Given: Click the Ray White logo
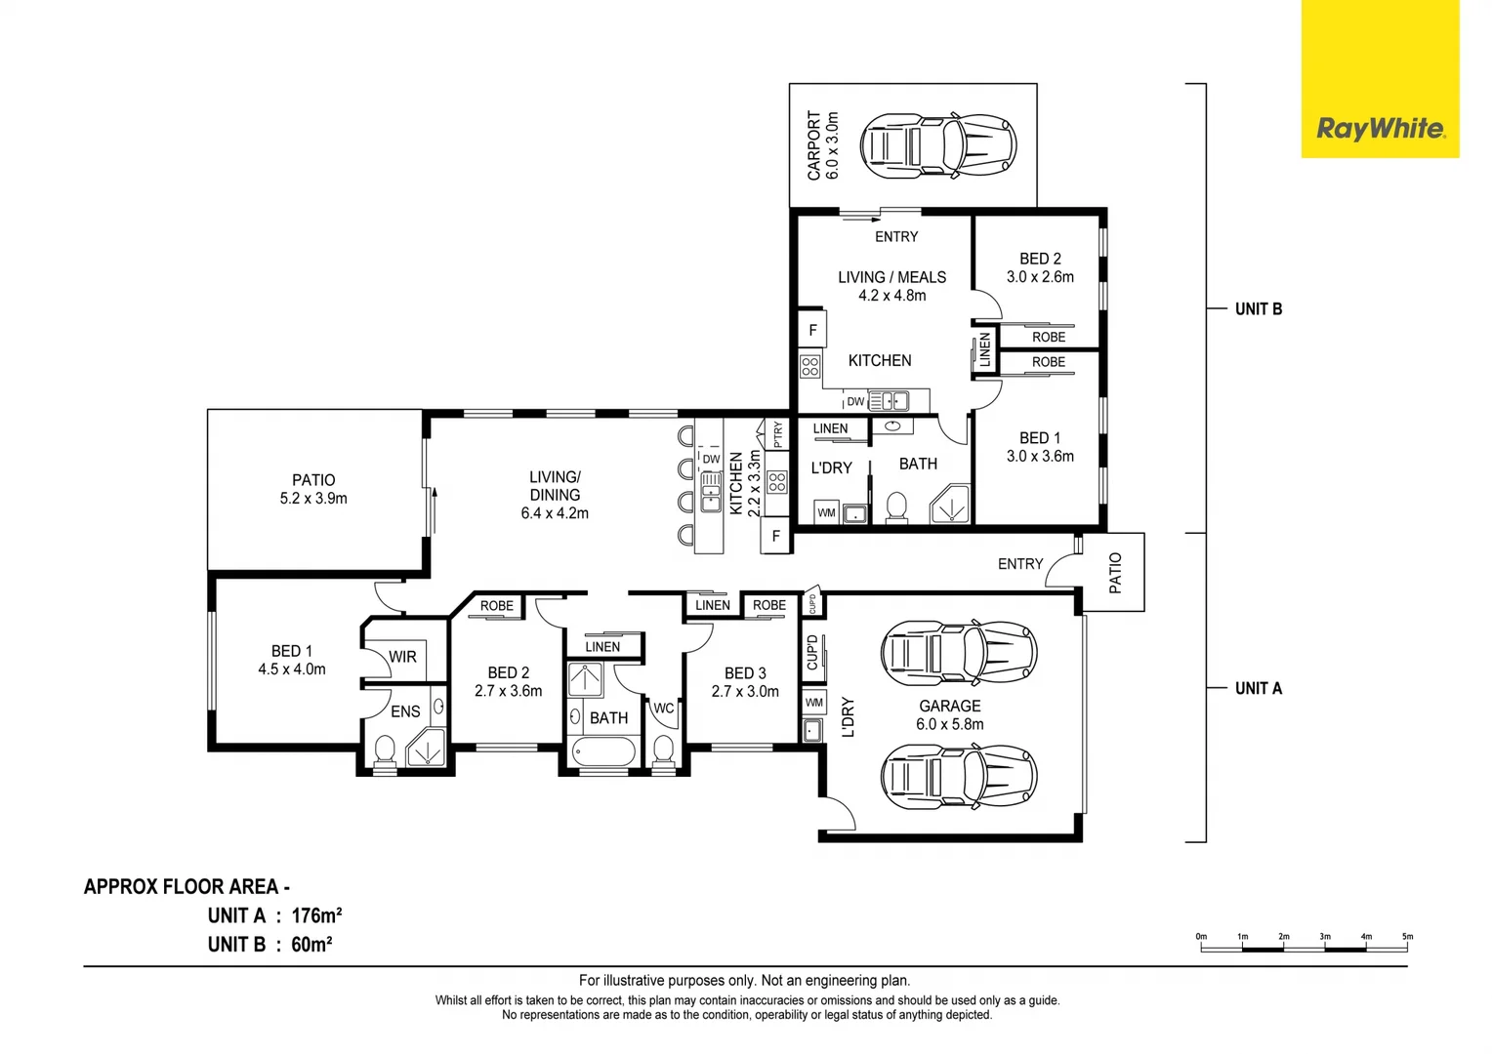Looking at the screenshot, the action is coord(1381,128).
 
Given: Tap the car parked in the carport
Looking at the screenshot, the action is coord(937,145).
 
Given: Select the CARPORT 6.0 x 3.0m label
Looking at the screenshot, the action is coord(822,145).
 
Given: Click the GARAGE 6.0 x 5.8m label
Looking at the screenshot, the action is coord(950,714).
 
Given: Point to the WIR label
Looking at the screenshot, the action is coord(402,657).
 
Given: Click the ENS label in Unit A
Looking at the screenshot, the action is coord(405,711).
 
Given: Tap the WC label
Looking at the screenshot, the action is coord(663,709).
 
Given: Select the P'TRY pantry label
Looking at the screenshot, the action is coord(777,435).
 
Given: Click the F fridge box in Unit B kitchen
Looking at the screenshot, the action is coord(812,330).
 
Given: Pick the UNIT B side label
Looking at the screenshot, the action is coord(1259,309).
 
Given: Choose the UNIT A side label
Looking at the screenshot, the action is coord(1259,688).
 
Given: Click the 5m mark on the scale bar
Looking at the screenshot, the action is coord(1407,936).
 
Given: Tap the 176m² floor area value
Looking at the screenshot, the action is coord(316,916).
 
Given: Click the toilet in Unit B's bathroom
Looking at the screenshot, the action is coord(896,507).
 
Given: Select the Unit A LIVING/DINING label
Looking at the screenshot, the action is coord(555,495).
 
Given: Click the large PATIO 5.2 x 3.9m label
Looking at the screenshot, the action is coord(313,489).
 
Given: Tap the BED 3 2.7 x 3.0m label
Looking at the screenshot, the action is coord(745,682).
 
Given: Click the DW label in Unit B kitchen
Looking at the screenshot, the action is coord(855,401).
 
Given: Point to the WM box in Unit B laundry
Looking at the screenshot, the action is coord(827,512).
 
